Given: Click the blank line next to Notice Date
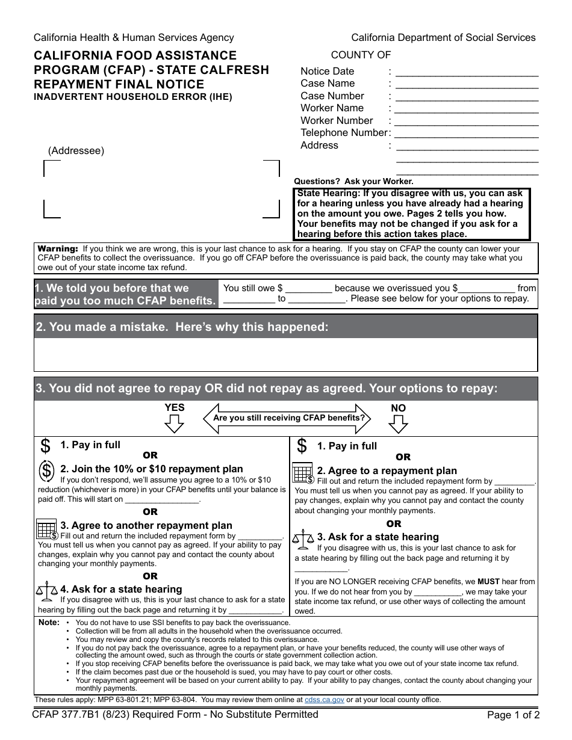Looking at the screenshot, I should [x=467, y=72].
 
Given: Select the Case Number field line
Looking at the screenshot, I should [x=467, y=97].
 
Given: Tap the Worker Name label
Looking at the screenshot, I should [x=332, y=108].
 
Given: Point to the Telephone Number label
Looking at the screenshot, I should [x=344, y=133].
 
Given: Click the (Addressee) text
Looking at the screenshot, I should [x=76, y=151].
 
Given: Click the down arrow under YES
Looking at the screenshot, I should [x=174, y=424].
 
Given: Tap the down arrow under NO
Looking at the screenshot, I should [x=398, y=424].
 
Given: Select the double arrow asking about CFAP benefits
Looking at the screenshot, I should [x=288, y=418].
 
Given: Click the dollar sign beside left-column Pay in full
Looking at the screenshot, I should [x=45, y=446].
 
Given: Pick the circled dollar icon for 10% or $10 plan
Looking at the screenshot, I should [x=46, y=470].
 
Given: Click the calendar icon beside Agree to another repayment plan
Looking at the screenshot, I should [x=46, y=529].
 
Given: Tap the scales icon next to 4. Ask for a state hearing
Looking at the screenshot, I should [x=46, y=591].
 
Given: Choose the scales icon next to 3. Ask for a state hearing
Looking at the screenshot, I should [x=303, y=539].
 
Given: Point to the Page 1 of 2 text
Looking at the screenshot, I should [x=513, y=716].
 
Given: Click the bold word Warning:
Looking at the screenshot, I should [x=58, y=248].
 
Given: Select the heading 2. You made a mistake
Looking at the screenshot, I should [x=182, y=327].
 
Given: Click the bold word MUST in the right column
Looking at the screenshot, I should [x=488, y=582].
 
